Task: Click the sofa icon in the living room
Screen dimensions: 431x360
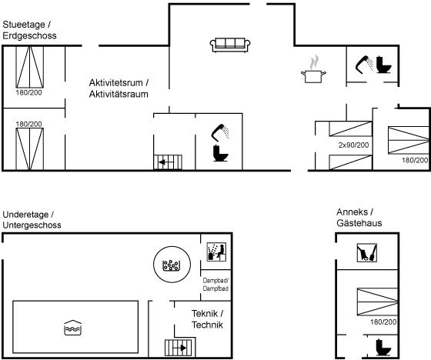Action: click(x=230, y=45)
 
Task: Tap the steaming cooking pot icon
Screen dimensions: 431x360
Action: click(x=313, y=69)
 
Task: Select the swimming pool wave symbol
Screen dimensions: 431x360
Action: click(x=72, y=328)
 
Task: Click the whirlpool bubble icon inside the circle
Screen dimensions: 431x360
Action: click(x=172, y=265)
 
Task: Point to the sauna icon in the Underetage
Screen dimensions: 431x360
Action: click(x=216, y=252)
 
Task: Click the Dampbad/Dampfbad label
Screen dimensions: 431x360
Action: click(x=215, y=285)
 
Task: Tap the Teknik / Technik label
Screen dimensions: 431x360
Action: click(x=207, y=319)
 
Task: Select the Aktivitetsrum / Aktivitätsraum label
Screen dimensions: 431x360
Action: click(x=119, y=88)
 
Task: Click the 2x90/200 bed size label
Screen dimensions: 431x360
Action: click(x=353, y=145)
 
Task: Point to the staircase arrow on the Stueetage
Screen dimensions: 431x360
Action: click(x=166, y=162)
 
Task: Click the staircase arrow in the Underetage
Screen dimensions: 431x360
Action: click(x=180, y=348)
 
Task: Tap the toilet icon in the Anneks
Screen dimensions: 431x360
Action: click(x=383, y=348)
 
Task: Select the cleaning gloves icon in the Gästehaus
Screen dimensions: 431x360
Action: click(x=366, y=252)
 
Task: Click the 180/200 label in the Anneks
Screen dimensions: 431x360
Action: click(x=383, y=322)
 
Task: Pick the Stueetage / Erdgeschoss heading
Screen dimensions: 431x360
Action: click(x=29, y=30)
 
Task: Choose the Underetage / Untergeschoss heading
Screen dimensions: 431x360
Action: click(x=32, y=219)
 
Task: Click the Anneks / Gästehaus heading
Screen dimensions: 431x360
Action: click(x=359, y=218)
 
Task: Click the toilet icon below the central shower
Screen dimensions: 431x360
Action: click(x=221, y=153)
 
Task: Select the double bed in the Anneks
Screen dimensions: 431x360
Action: click(x=377, y=302)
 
